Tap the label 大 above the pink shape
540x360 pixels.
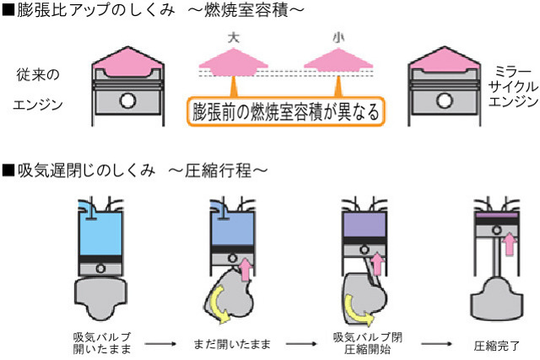click(x=235, y=38)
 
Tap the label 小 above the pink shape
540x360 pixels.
click(x=338, y=38)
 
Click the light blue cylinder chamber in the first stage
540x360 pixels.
click(x=100, y=228)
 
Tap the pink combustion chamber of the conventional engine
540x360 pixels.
click(x=127, y=59)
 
